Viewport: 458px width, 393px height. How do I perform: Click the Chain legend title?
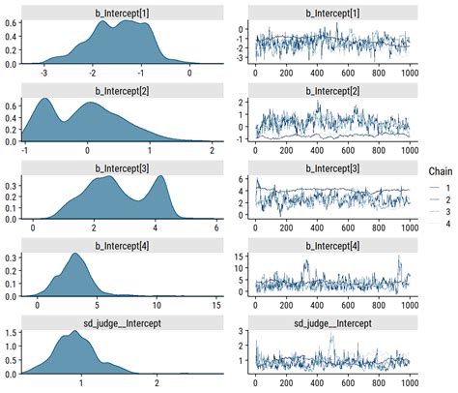click(441, 170)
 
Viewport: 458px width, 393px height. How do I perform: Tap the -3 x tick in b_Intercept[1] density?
click(43, 73)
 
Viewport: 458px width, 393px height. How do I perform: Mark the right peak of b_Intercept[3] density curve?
click(159, 177)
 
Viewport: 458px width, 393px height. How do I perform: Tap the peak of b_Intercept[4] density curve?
click(73, 254)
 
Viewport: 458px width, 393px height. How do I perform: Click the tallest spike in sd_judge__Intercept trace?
click(331, 334)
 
